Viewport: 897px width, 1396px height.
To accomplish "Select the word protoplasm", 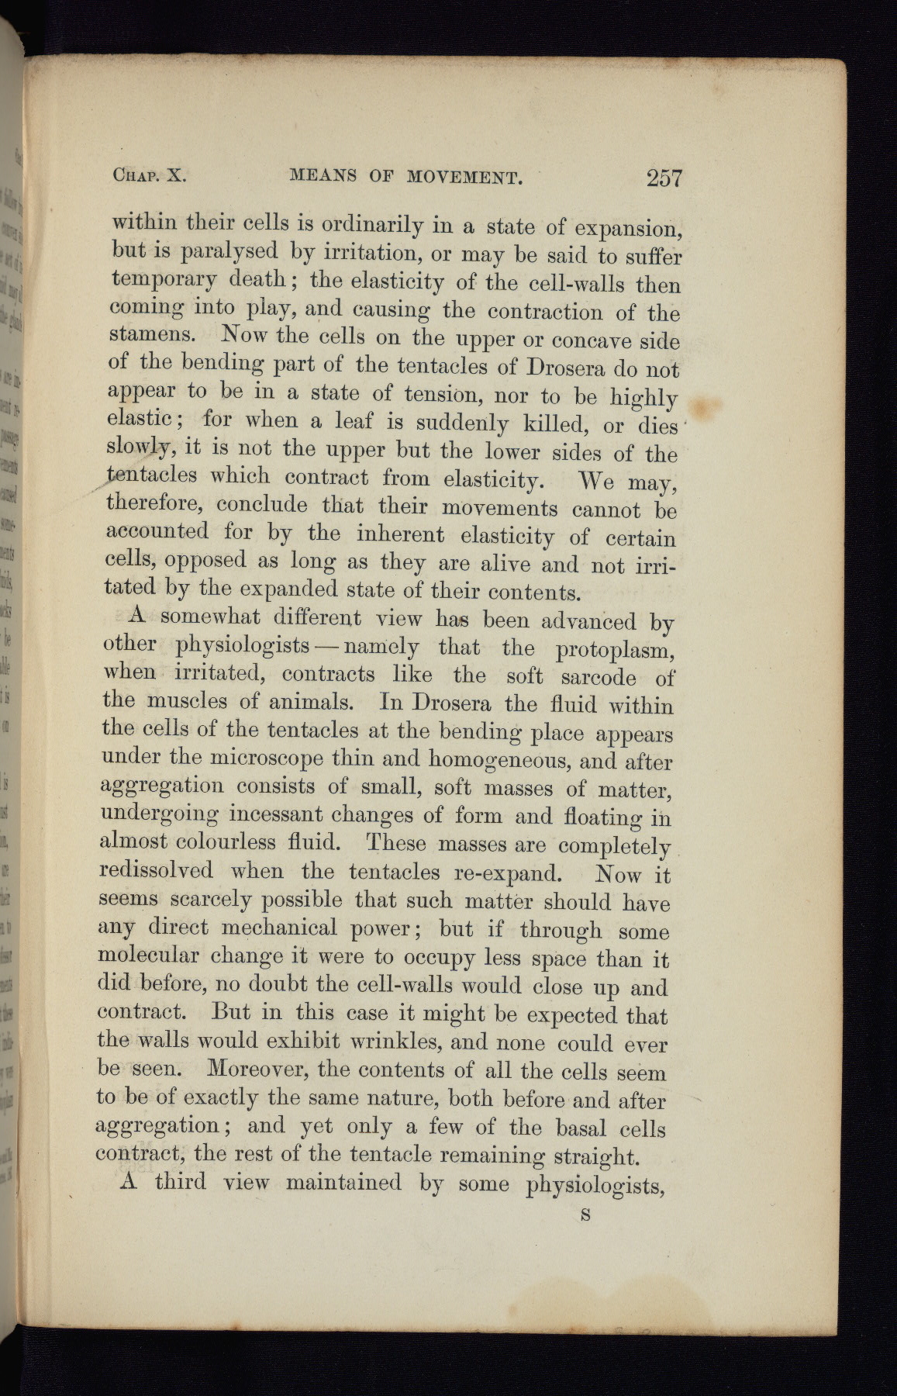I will pyautogui.click(x=614, y=649).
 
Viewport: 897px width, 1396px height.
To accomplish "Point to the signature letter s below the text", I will pyautogui.click(x=586, y=1215).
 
